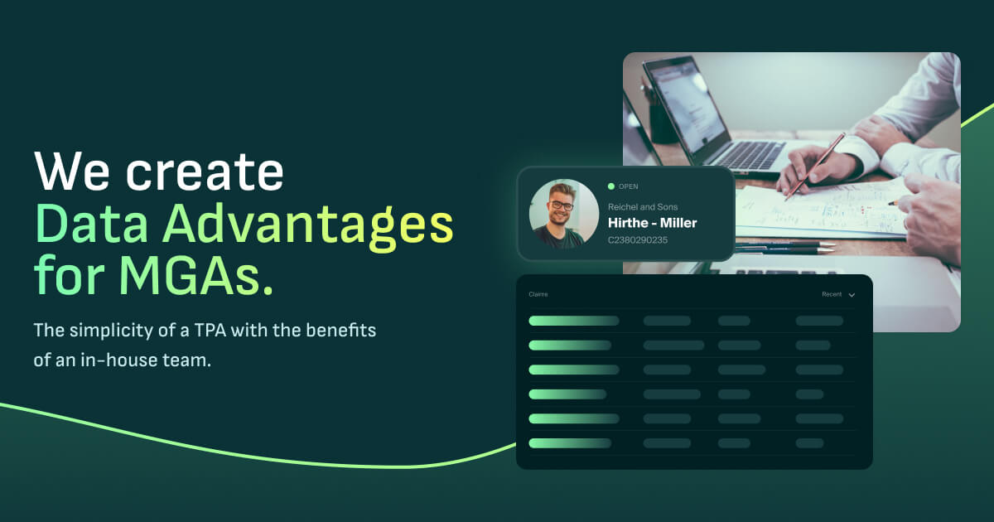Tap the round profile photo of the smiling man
coord(563,214)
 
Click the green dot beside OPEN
coord(611,186)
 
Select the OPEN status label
coord(628,186)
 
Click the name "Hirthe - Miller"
coord(652,223)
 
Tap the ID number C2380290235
coord(637,240)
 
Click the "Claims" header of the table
coord(538,294)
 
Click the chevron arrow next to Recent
coord(852,295)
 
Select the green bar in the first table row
coord(573,321)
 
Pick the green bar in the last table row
coord(570,443)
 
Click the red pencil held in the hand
coord(815,165)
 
